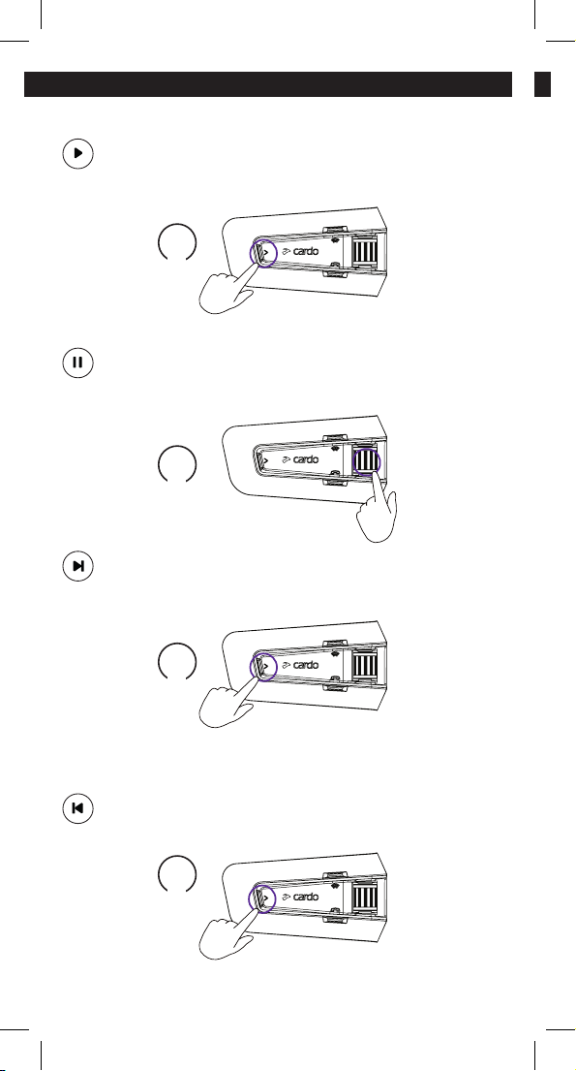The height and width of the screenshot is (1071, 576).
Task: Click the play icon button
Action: [x=77, y=154]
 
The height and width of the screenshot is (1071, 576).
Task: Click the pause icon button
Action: [x=77, y=362]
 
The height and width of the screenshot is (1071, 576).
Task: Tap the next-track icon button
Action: [x=77, y=566]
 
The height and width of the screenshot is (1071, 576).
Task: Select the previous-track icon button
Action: [x=77, y=808]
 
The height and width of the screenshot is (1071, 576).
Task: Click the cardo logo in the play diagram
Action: [x=299, y=251]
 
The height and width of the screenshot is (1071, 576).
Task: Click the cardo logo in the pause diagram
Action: [x=299, y=459]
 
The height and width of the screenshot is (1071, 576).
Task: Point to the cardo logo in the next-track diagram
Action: [x=299, y=665]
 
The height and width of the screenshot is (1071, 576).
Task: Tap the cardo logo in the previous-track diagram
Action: [x=299, y=897]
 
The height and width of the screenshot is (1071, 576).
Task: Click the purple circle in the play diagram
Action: [x=251, y=253]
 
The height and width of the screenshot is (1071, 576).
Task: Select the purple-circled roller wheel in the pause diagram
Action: [x=366, y=459]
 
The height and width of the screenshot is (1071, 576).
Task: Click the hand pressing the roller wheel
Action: [x=378, y=509]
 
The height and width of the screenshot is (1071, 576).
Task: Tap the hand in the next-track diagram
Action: [x=228, y=705]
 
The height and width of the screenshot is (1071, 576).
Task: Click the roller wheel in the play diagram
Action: [x=365, y=251]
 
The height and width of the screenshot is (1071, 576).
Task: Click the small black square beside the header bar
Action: [x=542, y=84]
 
